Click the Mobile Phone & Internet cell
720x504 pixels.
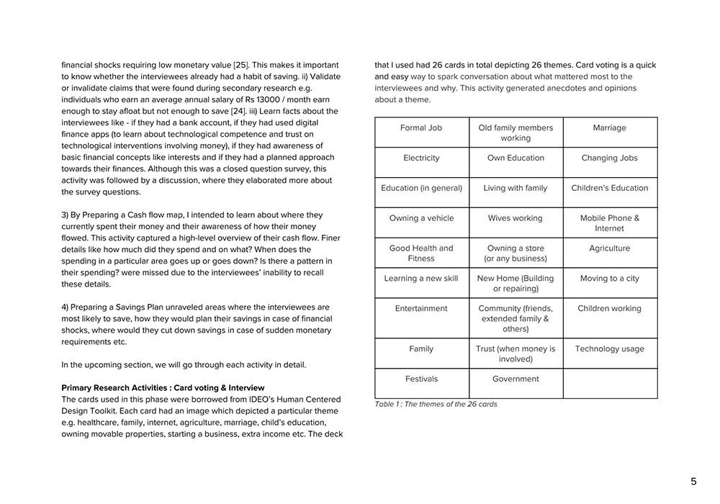610,223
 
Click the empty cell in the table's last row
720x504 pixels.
610,383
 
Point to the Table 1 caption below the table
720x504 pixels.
436,405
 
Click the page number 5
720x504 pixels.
693,482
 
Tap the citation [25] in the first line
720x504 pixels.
240,65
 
